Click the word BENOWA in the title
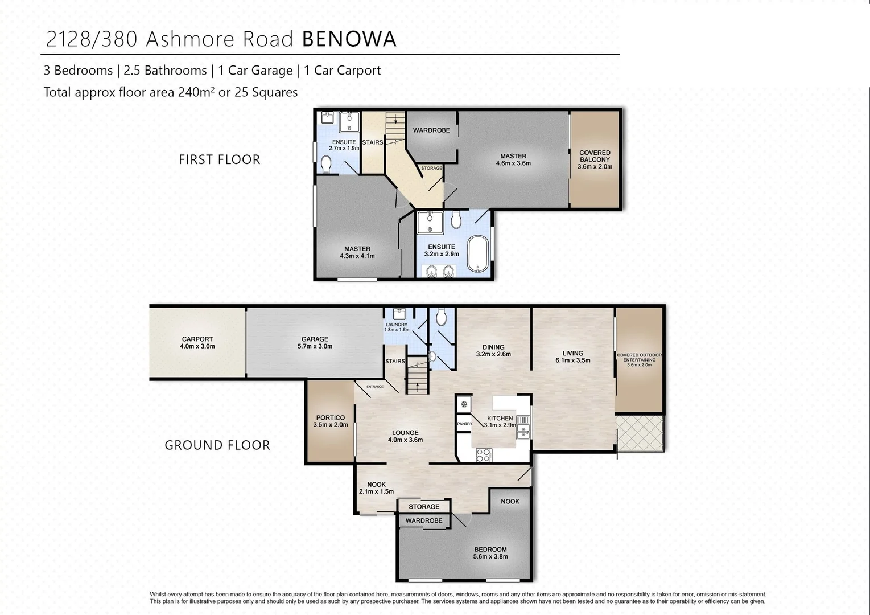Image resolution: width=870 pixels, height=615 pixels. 349,39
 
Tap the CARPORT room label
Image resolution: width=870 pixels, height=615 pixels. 197,342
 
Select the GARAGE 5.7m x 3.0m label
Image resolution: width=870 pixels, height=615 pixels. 315,342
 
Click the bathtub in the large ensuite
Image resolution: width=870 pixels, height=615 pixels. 477,255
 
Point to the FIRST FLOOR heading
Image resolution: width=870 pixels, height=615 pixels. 219,159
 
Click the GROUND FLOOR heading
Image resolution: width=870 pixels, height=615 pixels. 217,445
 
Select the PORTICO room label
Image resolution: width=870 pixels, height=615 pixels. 331,421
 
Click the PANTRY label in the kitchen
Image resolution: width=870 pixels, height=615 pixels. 464,424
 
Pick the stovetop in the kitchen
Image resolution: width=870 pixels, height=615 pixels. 483,454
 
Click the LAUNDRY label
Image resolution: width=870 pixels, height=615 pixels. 397,327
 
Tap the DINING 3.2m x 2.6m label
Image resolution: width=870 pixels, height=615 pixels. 493,350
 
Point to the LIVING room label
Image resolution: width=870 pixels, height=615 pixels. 572,356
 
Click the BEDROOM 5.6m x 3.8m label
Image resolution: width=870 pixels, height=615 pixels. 490,553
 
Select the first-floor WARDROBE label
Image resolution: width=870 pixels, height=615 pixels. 431,130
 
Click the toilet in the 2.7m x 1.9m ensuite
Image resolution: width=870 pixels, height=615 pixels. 326,165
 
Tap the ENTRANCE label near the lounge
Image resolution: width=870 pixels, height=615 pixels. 375,387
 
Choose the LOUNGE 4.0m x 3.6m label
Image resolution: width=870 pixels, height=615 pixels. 405,436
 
